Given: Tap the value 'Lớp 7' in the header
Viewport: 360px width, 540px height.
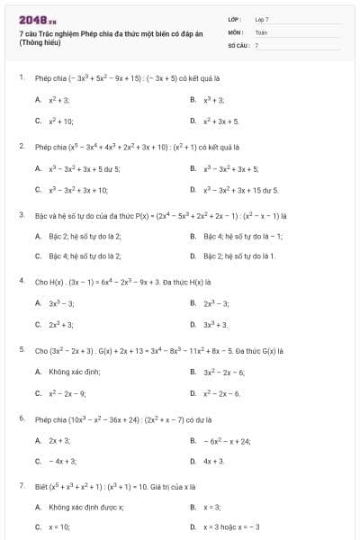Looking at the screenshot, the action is pos(262,18).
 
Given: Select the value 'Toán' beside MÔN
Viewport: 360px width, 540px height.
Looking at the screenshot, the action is pos(261,31).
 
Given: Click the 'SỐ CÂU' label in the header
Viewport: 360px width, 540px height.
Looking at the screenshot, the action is pos(238,44).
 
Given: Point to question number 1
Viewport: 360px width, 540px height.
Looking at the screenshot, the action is pos(21,77).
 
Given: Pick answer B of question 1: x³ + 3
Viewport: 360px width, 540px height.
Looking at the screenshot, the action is pos(213,99).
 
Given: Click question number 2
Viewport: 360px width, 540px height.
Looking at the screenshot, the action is pos(21,145).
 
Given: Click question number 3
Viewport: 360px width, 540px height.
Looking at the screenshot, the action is pos(21,215).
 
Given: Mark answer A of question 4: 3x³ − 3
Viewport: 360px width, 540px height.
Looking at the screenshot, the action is pos(61,303).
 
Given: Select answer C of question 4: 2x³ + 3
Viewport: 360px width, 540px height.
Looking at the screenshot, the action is pos(61,324).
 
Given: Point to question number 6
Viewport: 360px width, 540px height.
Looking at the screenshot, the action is pos(21,418).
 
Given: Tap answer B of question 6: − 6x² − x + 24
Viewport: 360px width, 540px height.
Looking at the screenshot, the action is pos(227,441).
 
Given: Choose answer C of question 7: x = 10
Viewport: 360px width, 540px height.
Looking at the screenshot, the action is pos(59,526).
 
